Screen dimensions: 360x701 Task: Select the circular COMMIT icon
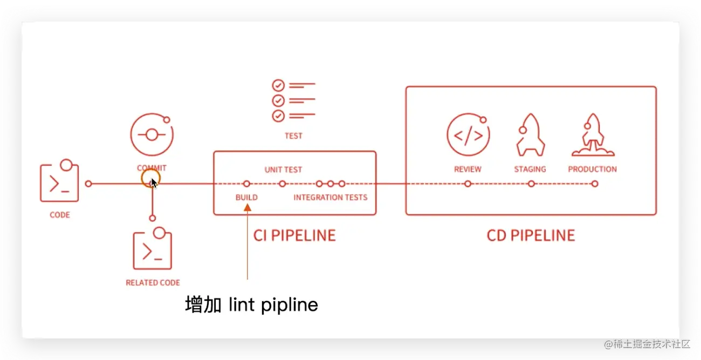click(x=152, y=135)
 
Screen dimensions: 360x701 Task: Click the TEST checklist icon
click(x=293, y=100)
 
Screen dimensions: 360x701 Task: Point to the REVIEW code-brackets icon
click(x=468, y=135)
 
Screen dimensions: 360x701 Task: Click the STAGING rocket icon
click(x=530, y=135)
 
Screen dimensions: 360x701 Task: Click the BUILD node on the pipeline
click(x=246, y=184)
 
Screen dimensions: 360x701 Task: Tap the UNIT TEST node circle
click(x=282, y=184)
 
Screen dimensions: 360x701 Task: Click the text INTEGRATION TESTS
click(x=330, y=197)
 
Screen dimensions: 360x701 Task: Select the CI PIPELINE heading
click(x=294, y=236)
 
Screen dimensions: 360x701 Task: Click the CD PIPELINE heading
click(x=531, y=236)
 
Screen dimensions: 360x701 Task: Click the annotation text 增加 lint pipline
click(x=251, y=305)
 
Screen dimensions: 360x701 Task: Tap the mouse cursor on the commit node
click(x=154, y=183)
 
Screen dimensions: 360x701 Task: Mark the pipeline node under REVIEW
click(x=468, y=184)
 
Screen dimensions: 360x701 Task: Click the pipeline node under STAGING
click(x=531, y=184)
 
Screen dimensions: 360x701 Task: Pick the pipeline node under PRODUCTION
click(x=594, y=184)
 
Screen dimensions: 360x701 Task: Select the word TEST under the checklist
click(x=293, y=136)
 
